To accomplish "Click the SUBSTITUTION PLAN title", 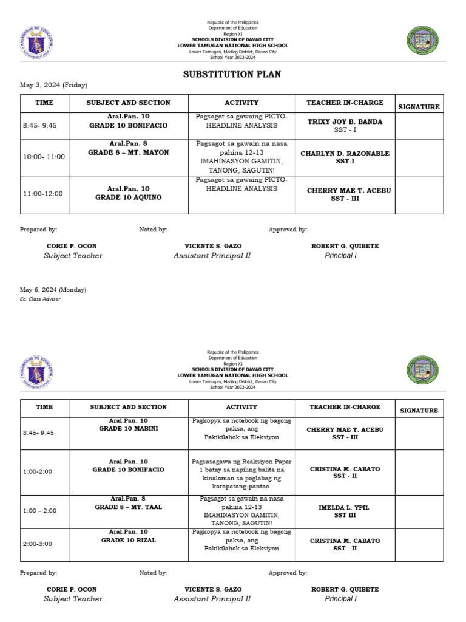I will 232,75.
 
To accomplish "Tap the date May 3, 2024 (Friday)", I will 49,85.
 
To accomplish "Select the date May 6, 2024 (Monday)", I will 53,290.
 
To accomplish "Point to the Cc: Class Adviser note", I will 40,299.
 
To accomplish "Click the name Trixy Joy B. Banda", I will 345,121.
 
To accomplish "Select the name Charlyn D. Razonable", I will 345,154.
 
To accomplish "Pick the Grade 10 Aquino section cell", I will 129,193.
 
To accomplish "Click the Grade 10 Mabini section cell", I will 129,425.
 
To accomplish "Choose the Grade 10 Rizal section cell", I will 129,536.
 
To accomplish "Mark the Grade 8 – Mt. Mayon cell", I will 129,148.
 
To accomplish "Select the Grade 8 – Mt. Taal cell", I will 129,502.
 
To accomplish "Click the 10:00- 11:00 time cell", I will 44,157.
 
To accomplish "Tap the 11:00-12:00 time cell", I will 43,194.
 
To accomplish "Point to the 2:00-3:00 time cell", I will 38,544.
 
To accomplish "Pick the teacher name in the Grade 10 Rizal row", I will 345,541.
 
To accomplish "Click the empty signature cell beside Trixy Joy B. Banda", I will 419,126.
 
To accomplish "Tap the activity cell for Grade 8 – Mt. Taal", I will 241,510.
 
